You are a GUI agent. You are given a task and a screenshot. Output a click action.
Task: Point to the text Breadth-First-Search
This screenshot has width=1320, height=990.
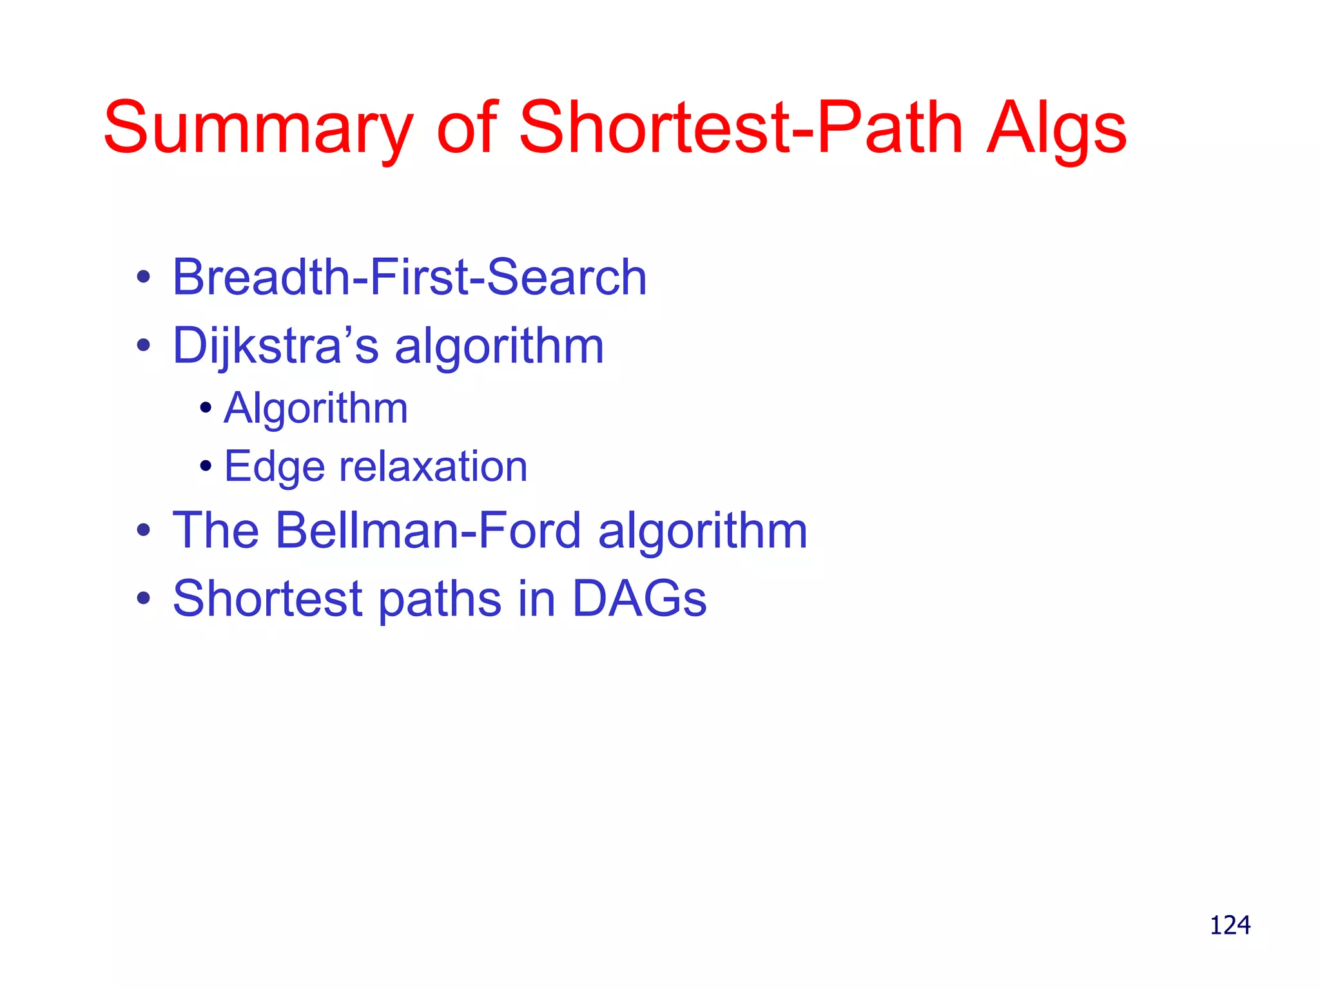pos(409,277)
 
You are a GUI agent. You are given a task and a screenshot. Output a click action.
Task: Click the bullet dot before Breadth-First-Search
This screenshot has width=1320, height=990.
pos(143,278)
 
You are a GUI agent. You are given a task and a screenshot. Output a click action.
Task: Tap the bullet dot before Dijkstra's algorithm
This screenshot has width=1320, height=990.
pos(143,346)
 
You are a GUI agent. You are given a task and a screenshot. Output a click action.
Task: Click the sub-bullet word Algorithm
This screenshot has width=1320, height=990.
pos(316,408)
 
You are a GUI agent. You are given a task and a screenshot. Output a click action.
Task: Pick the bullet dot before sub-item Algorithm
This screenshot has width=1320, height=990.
pos(206,408)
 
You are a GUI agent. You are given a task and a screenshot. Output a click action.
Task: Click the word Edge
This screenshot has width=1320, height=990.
pos(274,467)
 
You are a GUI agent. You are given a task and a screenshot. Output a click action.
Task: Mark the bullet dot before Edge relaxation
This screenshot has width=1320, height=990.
pos(206,466)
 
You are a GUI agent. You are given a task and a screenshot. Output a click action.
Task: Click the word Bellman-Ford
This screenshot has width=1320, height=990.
pos(429,530)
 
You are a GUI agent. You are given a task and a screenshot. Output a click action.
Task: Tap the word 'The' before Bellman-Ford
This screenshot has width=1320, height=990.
pos(215,530)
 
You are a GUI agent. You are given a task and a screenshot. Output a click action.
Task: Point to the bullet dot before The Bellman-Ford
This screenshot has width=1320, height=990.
pos(143,531)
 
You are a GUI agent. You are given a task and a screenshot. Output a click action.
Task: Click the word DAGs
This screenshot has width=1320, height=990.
pos(639,598)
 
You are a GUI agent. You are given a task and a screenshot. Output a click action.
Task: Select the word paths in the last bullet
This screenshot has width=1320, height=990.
pos(439,599)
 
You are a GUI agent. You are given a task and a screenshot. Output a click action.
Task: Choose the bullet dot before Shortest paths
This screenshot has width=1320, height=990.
pos(143,599)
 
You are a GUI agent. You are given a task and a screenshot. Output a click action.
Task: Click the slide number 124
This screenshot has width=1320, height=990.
pos(1230,925)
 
